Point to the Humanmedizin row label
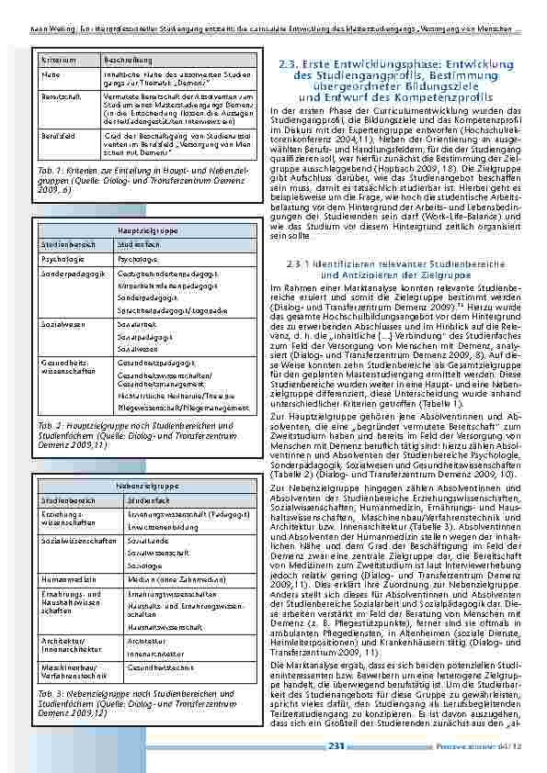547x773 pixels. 63,555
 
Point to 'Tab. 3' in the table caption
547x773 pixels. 50,667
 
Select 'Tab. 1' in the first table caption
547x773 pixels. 50,172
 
